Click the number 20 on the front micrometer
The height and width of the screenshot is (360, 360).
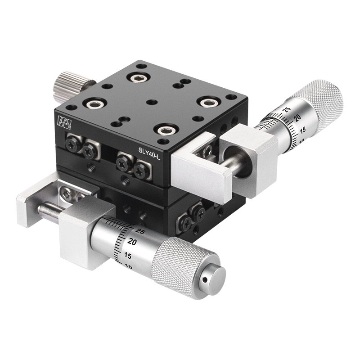[x=131, y=241]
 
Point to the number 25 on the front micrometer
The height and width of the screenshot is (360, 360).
[x=139, y=231]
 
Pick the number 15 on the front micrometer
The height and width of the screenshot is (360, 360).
[x=127, y=255]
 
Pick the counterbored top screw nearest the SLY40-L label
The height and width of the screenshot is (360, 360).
[x=164, y=130]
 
